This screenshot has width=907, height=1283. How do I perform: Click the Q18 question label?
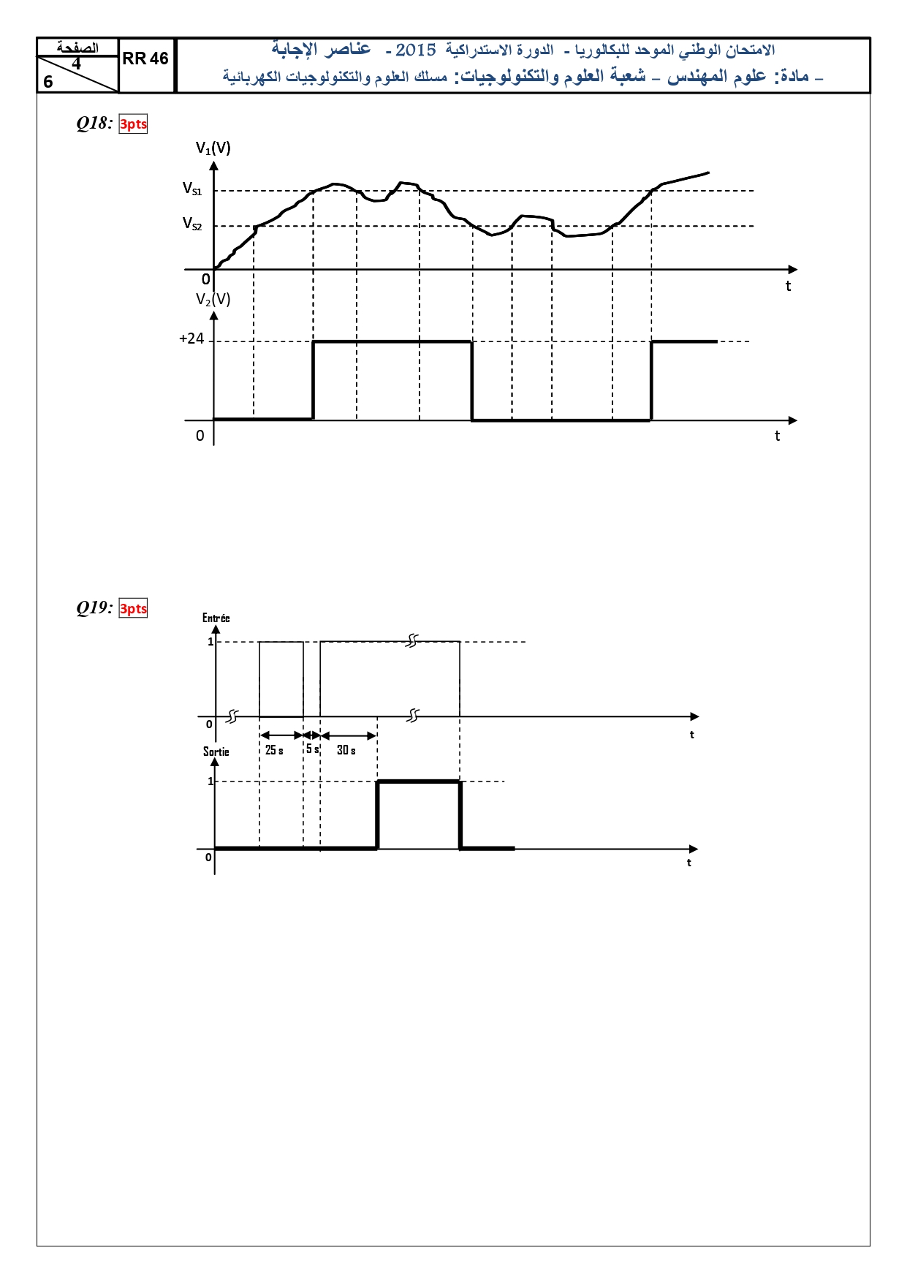[94, 123]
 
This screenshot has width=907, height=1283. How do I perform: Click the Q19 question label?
[94, 608]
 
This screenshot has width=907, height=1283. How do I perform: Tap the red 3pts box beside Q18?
[133, 124]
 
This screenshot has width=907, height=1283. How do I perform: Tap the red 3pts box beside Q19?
[133, 609]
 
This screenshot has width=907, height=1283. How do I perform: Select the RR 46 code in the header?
[145, 58]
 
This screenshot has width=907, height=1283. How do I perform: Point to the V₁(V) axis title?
[213, 148]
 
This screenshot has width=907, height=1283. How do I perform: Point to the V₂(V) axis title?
[213, 300]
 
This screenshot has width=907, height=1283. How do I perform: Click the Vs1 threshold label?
[192, 189]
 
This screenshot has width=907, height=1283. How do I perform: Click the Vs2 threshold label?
[192, 224]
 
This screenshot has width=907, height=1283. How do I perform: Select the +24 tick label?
[191, 338]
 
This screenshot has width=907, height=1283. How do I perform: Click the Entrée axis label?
[216, 618]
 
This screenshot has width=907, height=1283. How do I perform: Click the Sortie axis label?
[216, 752]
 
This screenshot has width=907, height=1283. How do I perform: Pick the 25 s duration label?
[274, 750]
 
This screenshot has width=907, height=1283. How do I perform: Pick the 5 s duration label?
[312, 749]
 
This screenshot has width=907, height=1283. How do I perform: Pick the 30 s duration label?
[346, 750]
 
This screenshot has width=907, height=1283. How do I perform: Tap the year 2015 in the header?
[415, 50]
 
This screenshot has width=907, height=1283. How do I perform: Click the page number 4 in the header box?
[76, 64]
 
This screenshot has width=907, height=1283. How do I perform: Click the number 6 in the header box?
[48, 82]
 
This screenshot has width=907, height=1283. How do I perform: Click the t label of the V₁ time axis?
[788, 287]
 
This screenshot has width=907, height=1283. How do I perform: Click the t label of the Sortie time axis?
[688, 863]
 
